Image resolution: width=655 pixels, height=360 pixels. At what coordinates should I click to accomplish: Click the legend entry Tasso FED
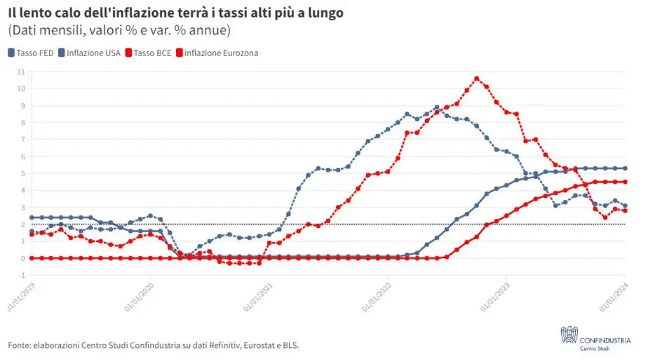[32, 53]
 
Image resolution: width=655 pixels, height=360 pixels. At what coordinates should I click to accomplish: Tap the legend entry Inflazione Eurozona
[217, 53]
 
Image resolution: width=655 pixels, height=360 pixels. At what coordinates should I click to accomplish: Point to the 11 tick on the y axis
[21, 72]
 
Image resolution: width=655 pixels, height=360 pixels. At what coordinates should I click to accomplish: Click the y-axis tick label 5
[22, 173]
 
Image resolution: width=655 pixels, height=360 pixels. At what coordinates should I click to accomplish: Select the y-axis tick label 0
[22, 258]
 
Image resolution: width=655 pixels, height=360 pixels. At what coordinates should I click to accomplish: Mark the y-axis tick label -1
[22, 275]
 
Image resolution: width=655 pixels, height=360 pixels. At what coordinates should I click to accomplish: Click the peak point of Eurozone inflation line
[477, 79]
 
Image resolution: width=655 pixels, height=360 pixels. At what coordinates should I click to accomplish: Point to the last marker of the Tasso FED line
[625, 168]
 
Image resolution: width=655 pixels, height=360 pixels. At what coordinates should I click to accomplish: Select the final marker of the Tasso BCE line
[625, 182]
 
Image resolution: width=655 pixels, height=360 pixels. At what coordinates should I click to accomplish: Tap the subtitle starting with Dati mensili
[119, 31]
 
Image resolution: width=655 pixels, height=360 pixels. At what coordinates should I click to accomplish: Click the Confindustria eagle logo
[568, 336]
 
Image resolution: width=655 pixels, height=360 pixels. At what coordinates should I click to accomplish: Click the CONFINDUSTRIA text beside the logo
[605, 340]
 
